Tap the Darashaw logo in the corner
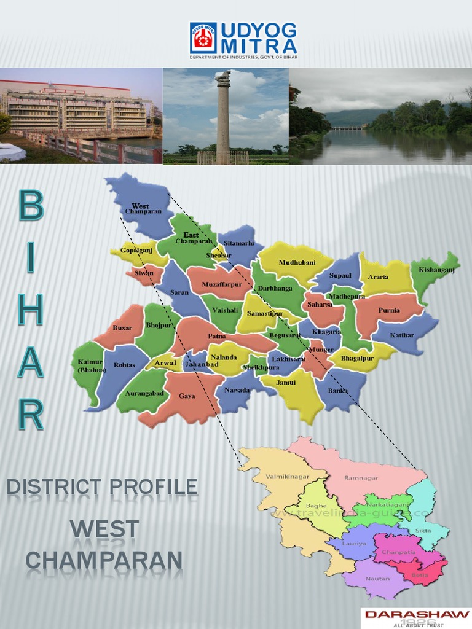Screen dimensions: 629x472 click(416, 617)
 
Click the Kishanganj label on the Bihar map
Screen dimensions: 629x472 click(436, 270)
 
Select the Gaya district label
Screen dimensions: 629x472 click(187, 396)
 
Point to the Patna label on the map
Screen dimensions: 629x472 click(216, 336)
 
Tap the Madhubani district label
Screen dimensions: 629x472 click(297, 262)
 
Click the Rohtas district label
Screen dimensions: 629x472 click(124, 365)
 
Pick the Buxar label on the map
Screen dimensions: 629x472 click(122, 328)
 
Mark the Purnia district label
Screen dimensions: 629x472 click(389, 310)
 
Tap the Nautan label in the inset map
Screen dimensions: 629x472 click(377, 578)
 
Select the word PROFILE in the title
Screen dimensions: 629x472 click(154, 488)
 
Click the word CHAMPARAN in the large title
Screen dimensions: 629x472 click(104, 560)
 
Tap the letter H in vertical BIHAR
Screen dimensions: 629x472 click(31, 311)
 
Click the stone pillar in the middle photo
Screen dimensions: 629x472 click(222, 117)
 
